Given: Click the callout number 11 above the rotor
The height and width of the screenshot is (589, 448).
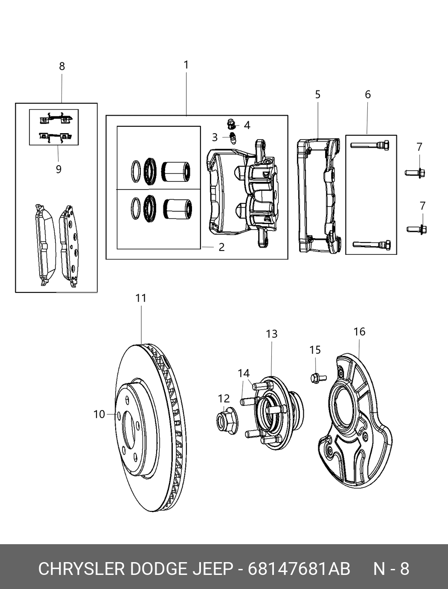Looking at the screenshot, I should tap(141, 298).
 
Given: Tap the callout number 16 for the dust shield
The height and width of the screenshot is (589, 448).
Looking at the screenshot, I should tap(359, 332).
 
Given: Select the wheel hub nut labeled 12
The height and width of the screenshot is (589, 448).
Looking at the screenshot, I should tap(225, 417).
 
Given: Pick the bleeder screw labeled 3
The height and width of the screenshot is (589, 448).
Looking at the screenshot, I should tap(233, 138).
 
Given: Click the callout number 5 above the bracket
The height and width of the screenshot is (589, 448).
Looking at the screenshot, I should tap(318, 94).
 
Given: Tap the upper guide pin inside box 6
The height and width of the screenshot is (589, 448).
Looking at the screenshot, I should tap(370, 146).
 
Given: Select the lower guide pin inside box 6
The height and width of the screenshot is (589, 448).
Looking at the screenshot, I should tap(372, 245).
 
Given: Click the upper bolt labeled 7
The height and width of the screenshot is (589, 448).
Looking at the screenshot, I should tap(416, 173).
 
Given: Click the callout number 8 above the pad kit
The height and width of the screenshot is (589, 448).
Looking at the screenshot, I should tap(62, 66).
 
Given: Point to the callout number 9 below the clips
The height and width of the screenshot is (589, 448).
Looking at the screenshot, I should tap(58, 169).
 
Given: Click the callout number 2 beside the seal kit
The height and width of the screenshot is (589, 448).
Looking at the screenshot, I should tap(221, 247).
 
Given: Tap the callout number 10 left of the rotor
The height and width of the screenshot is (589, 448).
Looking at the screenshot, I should tap(99, 414).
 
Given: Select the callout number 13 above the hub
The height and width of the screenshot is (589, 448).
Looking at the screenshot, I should tap(272, 334).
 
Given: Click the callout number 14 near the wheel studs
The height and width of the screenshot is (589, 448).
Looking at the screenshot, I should tap(244, 373).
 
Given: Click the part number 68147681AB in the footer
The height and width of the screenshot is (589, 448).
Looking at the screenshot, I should tap(299, 569).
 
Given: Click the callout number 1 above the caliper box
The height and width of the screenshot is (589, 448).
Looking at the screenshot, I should tap(186, 65).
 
